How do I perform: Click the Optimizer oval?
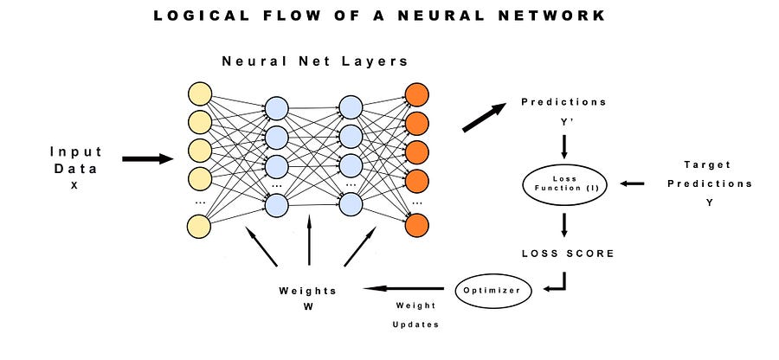491,290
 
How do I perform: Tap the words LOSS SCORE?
567,253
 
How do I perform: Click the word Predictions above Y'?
563,102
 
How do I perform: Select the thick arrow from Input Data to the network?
148,159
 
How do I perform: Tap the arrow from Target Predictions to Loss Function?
634,183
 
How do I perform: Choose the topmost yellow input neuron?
200,93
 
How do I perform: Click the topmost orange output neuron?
416,93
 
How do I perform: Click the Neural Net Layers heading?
315,61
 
